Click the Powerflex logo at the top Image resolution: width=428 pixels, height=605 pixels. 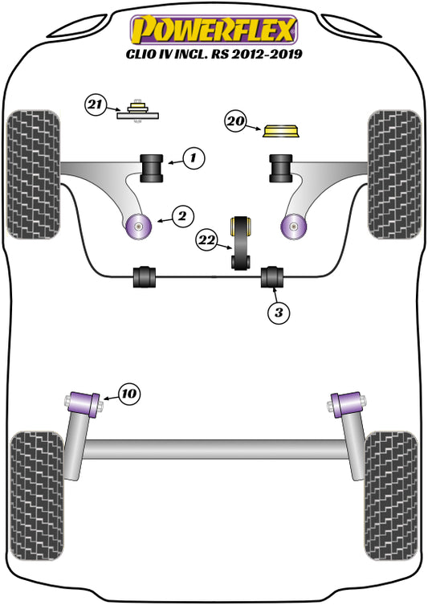pos(214,29)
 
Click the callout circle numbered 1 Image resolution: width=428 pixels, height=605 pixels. pos(193,159)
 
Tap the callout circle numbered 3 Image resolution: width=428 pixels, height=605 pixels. pos(278,313)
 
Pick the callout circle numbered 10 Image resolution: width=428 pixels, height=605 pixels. pos(129,393)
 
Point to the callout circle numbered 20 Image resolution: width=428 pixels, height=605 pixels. pos(234,122)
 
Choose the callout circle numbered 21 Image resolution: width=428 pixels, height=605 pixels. pos(96,104)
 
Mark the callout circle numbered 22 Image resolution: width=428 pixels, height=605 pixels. pos(207,238)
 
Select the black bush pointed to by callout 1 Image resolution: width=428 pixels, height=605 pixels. pos(153,166)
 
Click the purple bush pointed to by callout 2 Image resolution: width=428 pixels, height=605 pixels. pos(141,227)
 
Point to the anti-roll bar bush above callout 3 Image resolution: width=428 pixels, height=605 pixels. pos(274,275)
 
